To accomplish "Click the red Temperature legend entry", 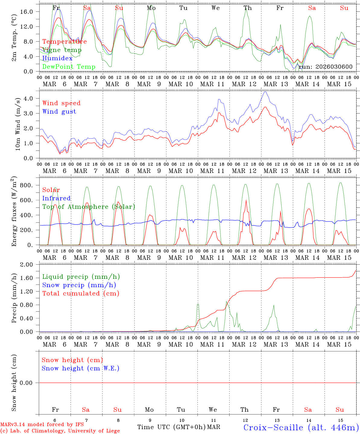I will (65, 42).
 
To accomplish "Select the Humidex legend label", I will (57, 58).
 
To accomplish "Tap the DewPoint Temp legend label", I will (69, 67).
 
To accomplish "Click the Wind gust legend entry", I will (59, 112).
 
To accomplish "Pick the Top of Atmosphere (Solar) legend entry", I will (89, 207).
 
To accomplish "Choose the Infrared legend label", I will (56, 198).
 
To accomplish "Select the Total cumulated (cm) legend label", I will (81, 294).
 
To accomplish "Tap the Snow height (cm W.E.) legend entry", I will (81, 368).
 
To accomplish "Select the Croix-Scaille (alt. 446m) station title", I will (301, 427).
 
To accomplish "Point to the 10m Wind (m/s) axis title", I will (18, 124).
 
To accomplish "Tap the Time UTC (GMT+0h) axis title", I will (171, 427).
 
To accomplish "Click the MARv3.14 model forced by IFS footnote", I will (42, 425).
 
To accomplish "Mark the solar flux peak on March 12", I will (246, 200).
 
